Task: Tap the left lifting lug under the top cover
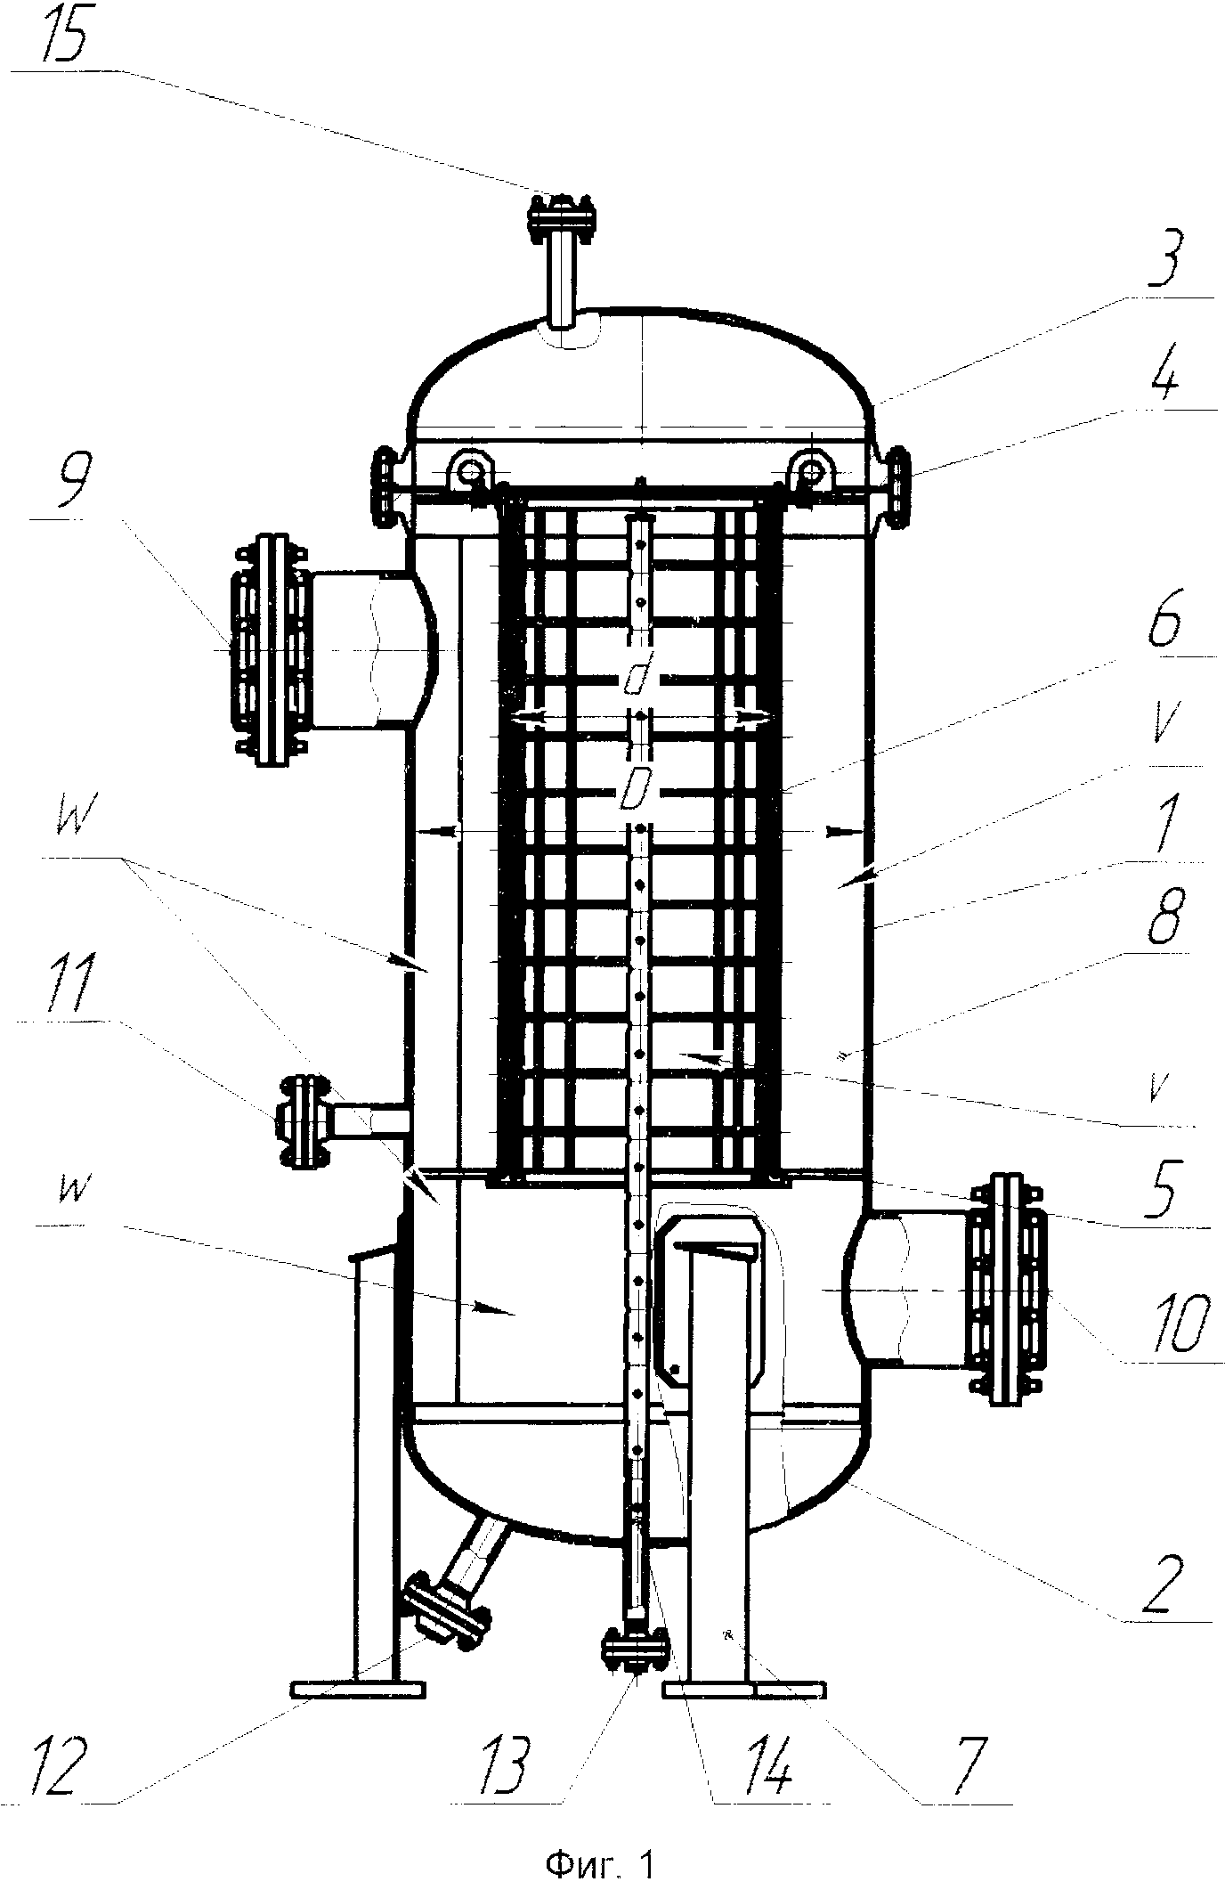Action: [469, 468]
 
